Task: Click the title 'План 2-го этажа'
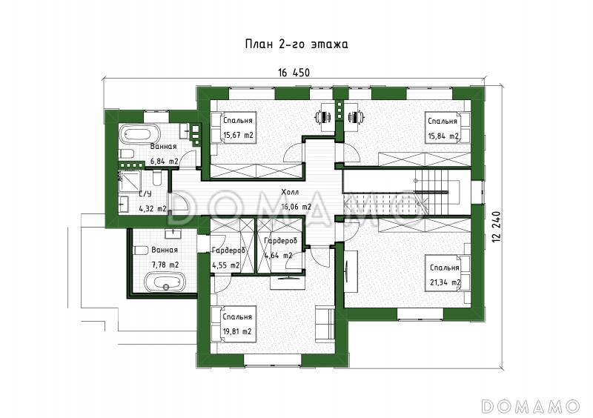pos(296,44)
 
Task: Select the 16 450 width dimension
pos(294,73)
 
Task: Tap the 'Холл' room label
pos(290,192)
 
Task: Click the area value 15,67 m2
pos(238,135)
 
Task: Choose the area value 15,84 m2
pos(443,136)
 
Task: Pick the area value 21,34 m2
pos(445,282)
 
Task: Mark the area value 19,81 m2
pos(237,332)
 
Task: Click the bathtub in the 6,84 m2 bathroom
pos(140,134)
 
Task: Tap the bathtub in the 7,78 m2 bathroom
pos(165,282)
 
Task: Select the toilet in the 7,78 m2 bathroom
pos(141,250)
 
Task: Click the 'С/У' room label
pos(145,194)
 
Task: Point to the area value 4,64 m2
pos(279,256)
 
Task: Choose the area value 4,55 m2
pos(226,265)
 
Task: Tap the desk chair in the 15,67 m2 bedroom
pos(323,117)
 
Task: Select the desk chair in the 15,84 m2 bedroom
pos(356,117)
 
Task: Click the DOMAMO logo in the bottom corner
pos(530,406)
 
